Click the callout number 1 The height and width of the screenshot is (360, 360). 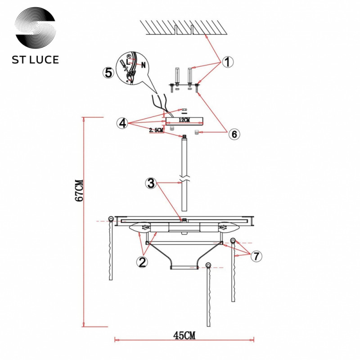coord(227,62)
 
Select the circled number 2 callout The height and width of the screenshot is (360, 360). coord(142,262)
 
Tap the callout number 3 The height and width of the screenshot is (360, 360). coord(151,183)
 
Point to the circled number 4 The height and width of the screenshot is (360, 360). coord(122,123)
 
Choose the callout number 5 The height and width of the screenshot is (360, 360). coord(108,73)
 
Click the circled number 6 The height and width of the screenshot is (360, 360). coord(234,134)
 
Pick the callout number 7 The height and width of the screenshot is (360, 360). coord(256,256)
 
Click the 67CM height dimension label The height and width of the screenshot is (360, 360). coord(79,190)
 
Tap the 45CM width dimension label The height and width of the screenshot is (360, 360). coord(184,335)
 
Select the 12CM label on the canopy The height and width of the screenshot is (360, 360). coord(184,120)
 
